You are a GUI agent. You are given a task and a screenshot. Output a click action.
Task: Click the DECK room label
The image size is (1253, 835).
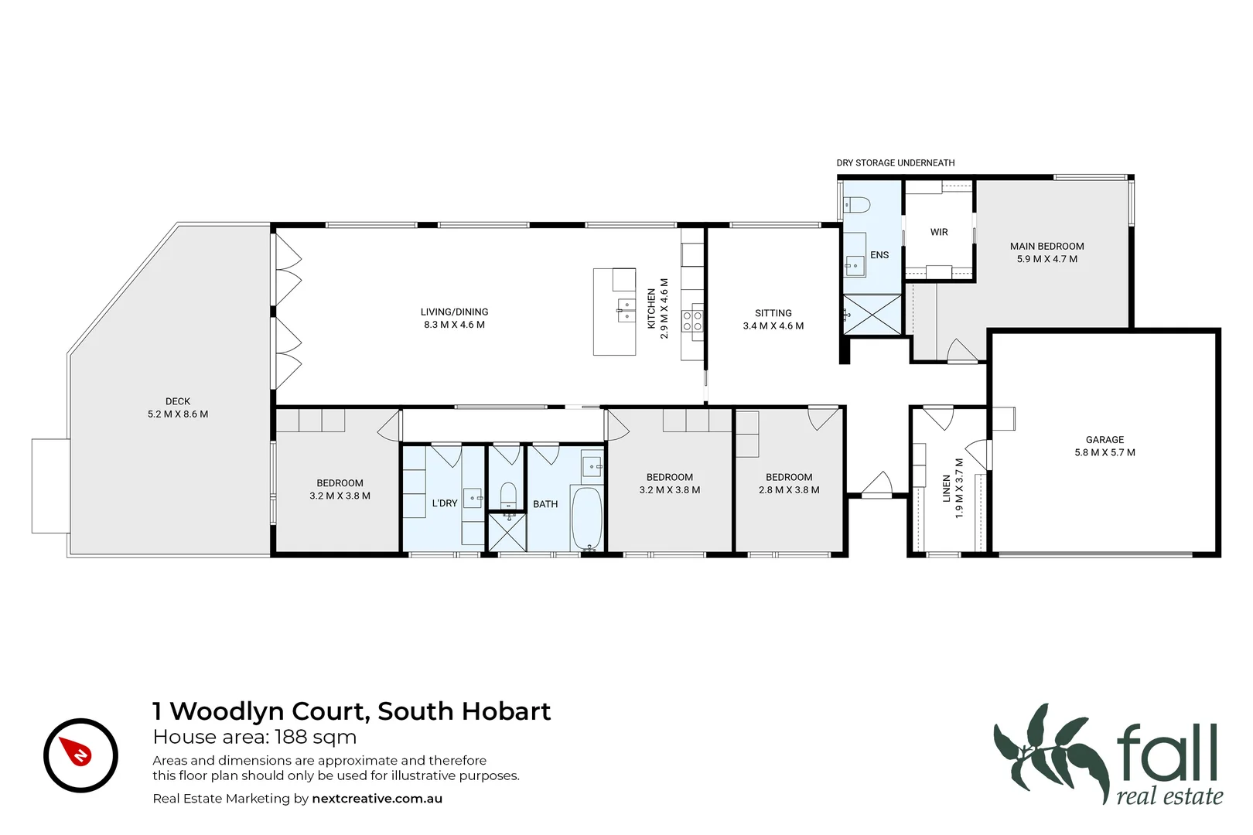(x=178, y=401)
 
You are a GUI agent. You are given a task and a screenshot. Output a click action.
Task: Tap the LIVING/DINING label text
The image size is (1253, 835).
(x=454, y=312)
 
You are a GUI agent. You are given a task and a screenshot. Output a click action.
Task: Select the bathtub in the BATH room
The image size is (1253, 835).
(x=586, y=518)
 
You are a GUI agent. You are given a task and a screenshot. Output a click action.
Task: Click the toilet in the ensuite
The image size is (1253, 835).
(x=857, y=205)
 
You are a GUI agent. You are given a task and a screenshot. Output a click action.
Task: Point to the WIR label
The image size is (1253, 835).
(x=939, y=232)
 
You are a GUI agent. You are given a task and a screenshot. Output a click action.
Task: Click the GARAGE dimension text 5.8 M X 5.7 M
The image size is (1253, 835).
(x=1104, y=452)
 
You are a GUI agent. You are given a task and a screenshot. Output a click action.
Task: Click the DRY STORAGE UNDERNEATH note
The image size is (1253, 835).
(x=895, y=163)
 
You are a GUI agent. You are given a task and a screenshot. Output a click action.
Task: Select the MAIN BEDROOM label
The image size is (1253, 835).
(x=1046, y=246)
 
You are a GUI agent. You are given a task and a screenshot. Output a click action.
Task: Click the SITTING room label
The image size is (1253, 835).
(x=773, y=313)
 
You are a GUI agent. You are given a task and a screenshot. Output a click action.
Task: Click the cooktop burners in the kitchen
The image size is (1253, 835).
(x=692, y=321)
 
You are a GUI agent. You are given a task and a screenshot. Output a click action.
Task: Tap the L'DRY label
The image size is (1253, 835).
(x=445, y=503)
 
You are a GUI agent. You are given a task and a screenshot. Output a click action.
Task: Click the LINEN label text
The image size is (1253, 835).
(x=946, y=489)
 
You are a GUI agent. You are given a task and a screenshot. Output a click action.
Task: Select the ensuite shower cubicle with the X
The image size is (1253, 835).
(x=872, y=315)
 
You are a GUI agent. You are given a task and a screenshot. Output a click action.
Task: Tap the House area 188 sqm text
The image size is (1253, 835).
(x=254, y=737)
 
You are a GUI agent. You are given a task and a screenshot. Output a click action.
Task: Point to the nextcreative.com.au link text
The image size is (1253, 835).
(x=377, y=799)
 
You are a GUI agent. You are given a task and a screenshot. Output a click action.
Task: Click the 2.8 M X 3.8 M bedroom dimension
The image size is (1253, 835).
(x=789, y=490)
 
